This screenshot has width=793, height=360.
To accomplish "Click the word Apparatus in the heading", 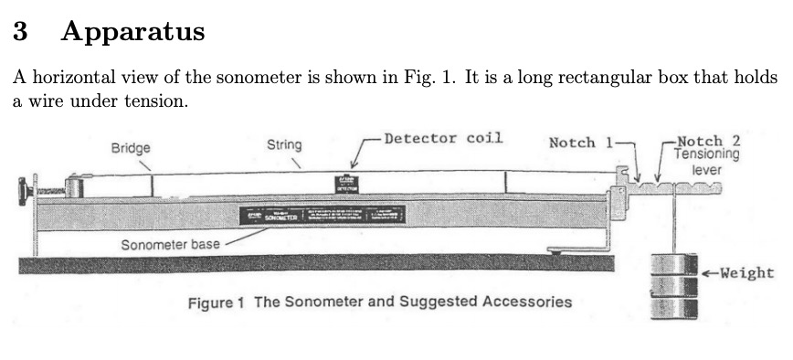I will pyautogui.click(x=132, y=33).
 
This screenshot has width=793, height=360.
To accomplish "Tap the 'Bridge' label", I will pyautogui.click(x=131, y=147).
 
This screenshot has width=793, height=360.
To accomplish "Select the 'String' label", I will pyautogui.click(x=284, y=144).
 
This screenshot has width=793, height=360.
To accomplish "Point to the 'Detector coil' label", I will pyautogui.click(x=443, y=139).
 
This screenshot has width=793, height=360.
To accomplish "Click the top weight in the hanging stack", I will pyautogui.click(x=673, y=263).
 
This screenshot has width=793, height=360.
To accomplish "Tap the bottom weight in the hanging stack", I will pyautogui.click(x=673, y=307).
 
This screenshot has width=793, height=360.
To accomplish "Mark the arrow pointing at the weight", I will pyautogui.click(x=709, y=272).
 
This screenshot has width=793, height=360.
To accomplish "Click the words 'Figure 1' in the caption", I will pyautogui.click(x=217, y=302).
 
